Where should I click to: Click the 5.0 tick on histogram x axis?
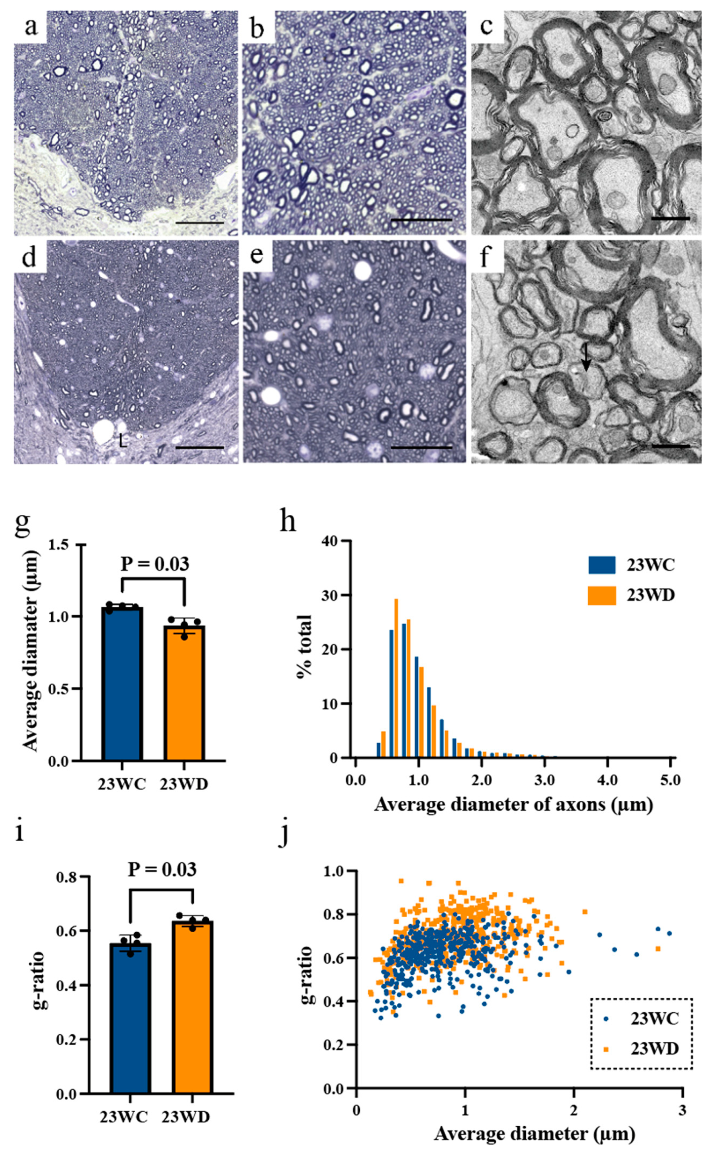point(670,781)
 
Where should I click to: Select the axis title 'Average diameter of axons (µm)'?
point(513,804)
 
